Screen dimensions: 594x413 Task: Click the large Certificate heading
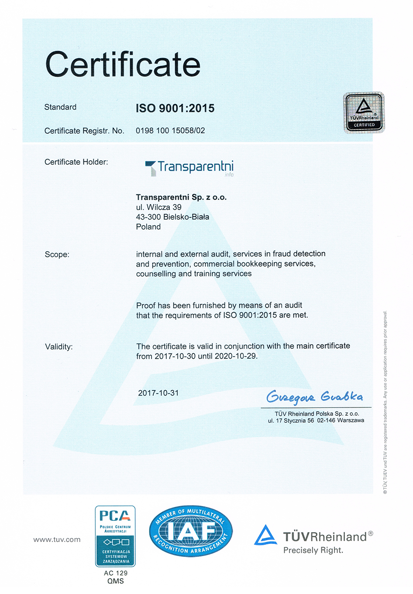click(123, 64)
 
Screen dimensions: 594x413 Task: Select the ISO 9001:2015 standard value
click(175, 108)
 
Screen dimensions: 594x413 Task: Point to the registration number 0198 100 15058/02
click(170, 130)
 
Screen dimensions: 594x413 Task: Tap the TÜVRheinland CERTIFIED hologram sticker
click(364, 112)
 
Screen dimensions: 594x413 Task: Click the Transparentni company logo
click(189, 168)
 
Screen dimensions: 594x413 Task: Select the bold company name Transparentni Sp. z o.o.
click(181, 197)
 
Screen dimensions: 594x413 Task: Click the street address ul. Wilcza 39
click(158, 207)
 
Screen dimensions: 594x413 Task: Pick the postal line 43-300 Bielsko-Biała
click(172, 217)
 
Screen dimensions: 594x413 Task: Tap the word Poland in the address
click(148, 227)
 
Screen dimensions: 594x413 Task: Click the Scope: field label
click(57, 255)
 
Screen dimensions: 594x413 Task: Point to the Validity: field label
click(59, 347)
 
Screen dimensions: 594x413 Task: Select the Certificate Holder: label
click(76, 162)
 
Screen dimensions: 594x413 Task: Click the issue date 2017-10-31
click(158, 393)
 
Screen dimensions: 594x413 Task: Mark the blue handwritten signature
click(314, 396)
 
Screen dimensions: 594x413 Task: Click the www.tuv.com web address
click(57, 540)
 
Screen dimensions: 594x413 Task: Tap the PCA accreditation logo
click(115, 536)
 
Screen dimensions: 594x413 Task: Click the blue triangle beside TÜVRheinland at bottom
click(265, 535)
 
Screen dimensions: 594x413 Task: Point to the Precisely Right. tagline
click(313, 550)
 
